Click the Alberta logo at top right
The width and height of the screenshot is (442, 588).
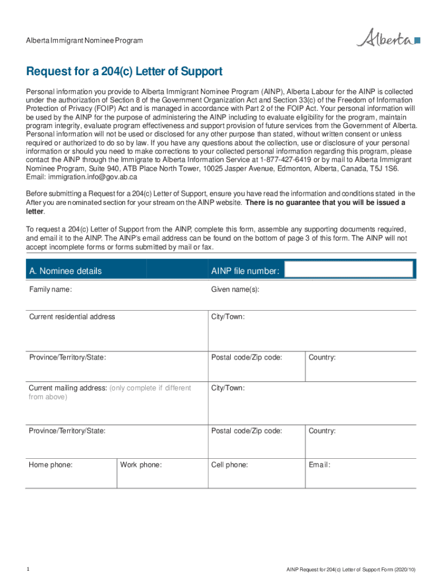click(x=388, y=39)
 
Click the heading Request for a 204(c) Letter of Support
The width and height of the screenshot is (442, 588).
click(x=124, y=72)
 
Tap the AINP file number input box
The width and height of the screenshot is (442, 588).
click(x=348, y=270)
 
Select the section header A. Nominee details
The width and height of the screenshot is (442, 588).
click(x=65, y=271)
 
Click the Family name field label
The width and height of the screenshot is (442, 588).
click(x=51, y=289)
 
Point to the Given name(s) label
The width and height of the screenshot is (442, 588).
click(x=235, y=289)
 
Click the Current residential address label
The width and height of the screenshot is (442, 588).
click(x=72, y=317)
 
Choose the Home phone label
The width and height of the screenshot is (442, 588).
click(x=51, y=465)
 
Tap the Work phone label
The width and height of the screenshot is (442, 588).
click(x=141, y=465)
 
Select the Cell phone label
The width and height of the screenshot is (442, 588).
click(x=230, y=465)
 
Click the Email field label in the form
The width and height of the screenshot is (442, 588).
click(x=319, y=465)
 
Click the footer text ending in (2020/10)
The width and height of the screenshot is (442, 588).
click(x=351, y=570)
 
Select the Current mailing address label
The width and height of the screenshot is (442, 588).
click(x=68, y=388)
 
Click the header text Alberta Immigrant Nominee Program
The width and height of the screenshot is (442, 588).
click(x=84, y=41)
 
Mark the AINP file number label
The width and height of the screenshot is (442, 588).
click(x=245, y=271)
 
